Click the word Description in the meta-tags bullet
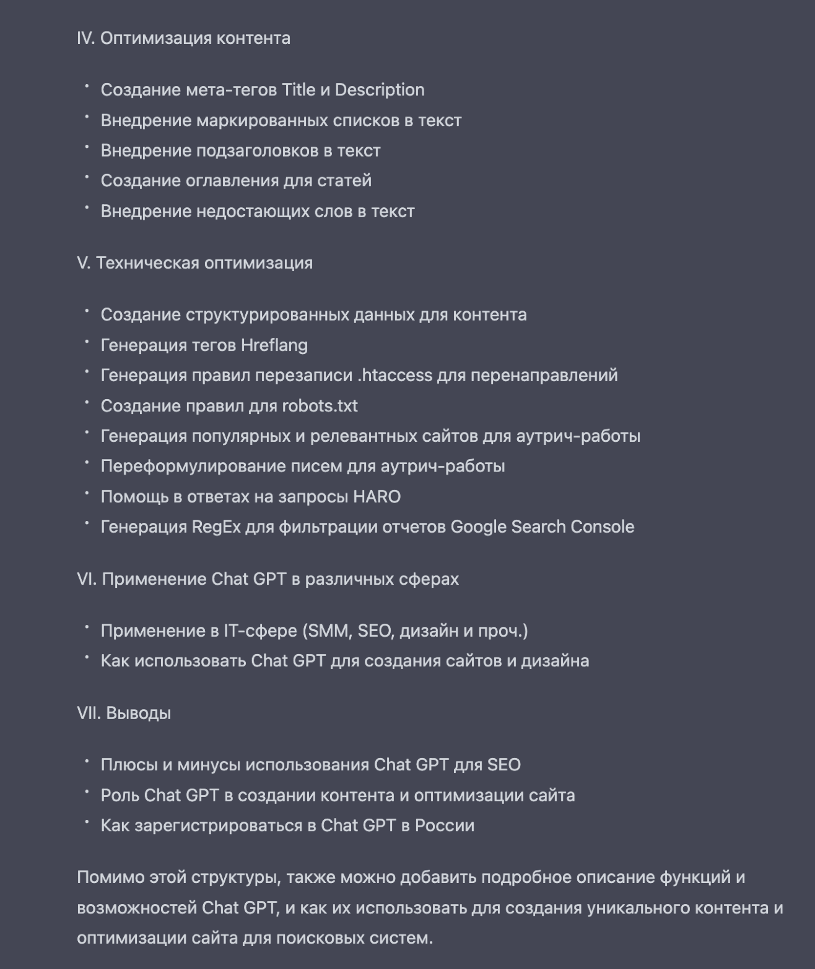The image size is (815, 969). (x=380, y=90)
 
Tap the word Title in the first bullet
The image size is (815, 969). (x=299, y=90)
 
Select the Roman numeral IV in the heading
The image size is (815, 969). (x=85, y=38)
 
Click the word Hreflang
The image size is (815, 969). (x=274, y=345)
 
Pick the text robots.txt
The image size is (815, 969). (x=320, y=406)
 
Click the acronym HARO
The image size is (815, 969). (x=377, y=497)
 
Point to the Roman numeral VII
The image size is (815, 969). (x=89, y=713)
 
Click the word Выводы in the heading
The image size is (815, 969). (x=139, y=713)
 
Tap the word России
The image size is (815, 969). (x=444, y=826)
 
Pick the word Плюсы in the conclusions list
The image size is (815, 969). (x=129, y=765)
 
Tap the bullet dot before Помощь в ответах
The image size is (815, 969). (x=87, y=493)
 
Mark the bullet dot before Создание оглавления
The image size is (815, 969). (x=87, y=177)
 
